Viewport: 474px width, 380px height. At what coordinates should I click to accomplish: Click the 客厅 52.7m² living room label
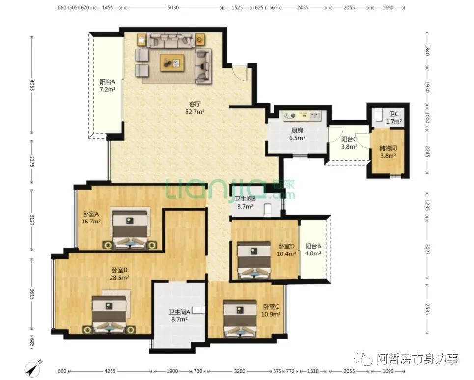coord(195,108)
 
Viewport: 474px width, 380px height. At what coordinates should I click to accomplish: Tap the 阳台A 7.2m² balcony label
coord(108,86)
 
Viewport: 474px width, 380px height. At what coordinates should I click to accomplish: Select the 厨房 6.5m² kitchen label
coord(297,134)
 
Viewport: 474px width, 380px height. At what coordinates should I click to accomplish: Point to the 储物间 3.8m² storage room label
coord(388,152)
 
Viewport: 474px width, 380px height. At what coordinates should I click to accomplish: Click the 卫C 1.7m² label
coord(394,118)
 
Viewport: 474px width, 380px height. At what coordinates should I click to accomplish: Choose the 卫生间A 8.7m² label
coord(179,316)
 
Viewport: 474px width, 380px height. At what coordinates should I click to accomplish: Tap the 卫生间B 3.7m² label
coord(245,203)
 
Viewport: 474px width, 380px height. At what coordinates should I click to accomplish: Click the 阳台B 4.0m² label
coord(313,250)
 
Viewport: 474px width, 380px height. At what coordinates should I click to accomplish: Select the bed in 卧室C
coord(240,318)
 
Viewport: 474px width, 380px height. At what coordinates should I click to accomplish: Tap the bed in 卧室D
coord(253,259)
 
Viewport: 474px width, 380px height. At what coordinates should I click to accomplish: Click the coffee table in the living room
coord(172,63)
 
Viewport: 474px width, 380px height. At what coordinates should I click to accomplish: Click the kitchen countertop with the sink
coord(302,115)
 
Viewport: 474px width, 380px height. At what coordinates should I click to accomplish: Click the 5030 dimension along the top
coord(173,8)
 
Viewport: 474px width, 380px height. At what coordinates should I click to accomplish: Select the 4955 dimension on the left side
coord(32,85)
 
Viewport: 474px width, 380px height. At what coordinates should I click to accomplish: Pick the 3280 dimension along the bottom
coord(240,371)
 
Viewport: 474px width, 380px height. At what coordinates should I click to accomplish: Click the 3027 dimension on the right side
coord(427,250)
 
